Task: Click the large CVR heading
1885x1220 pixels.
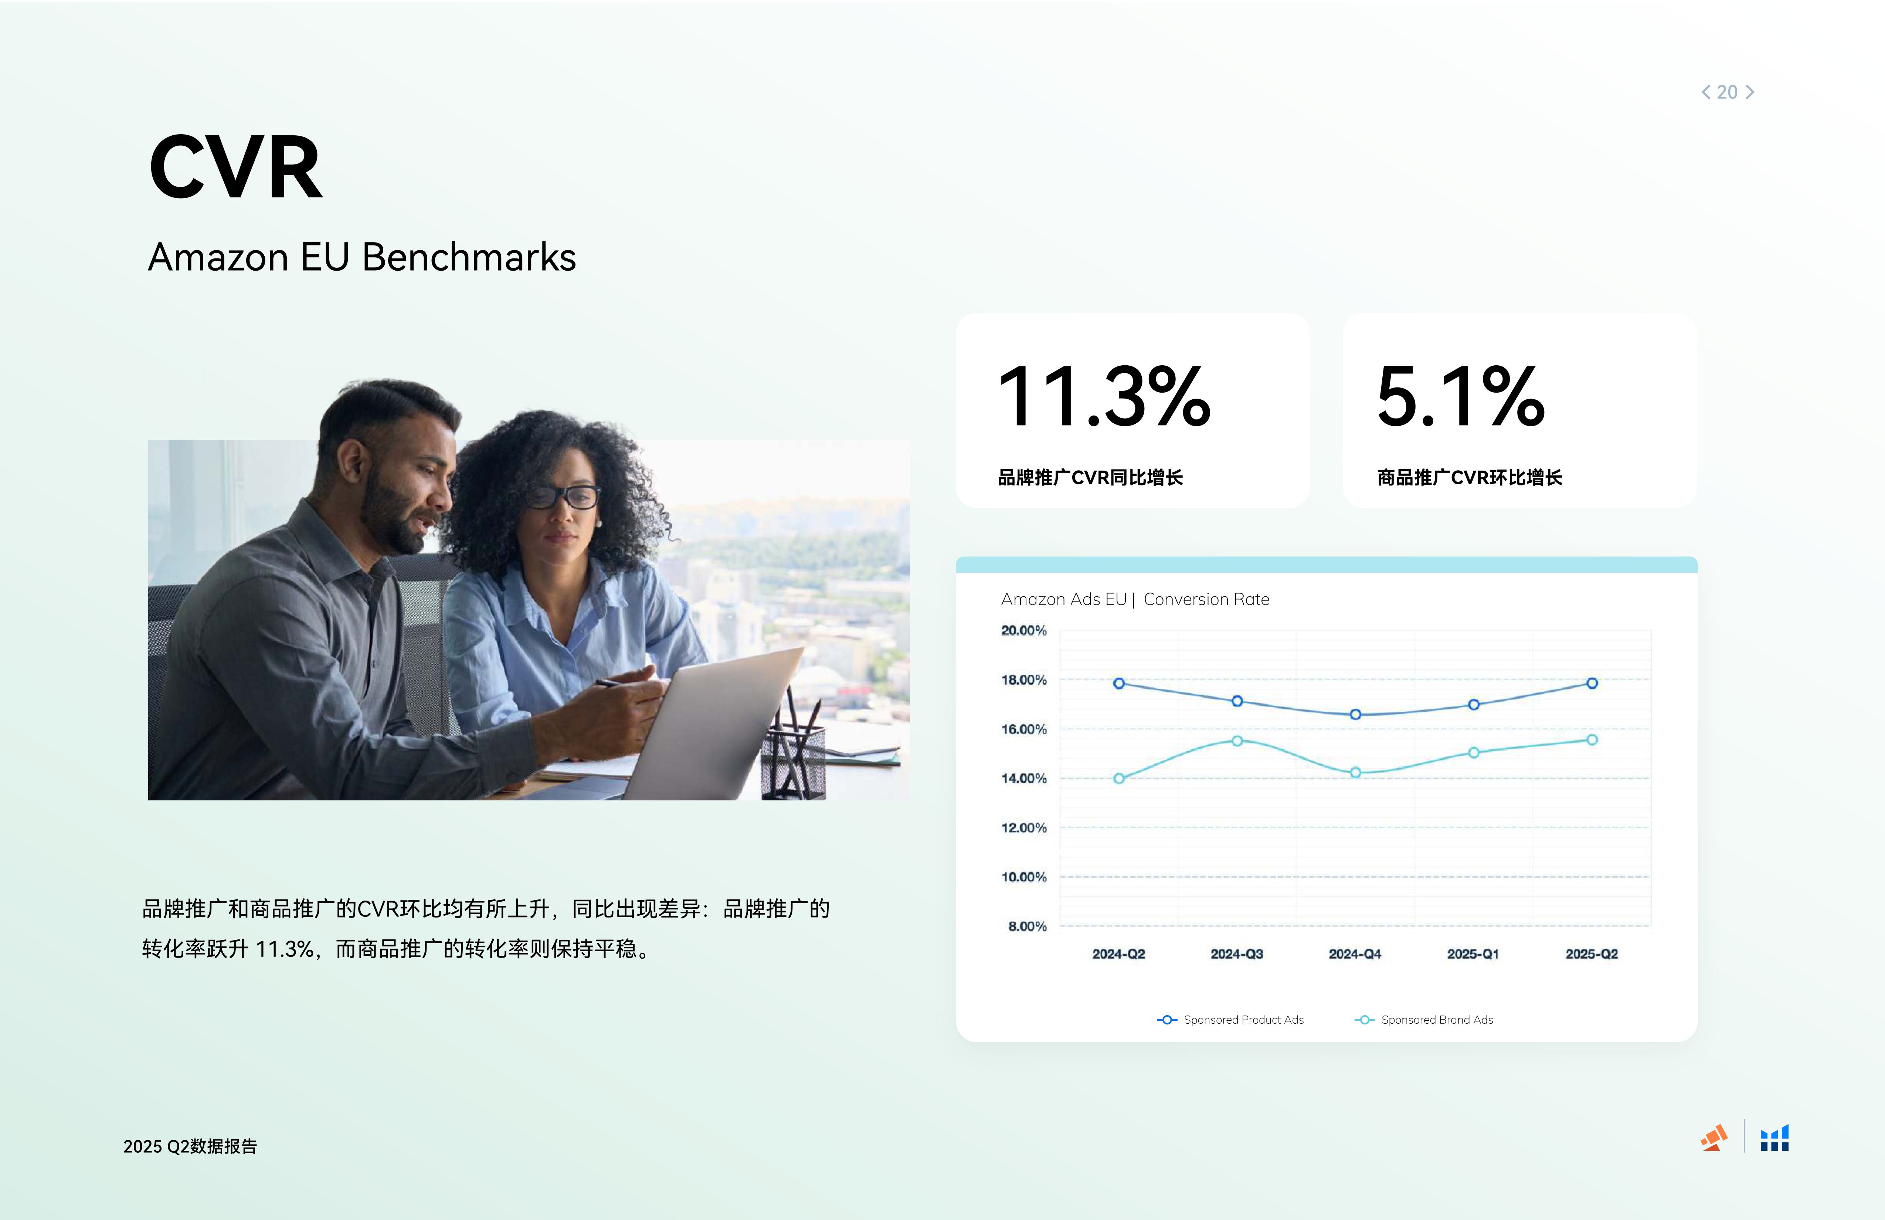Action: click(x=236, y=167)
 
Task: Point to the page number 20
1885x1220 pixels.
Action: click(x=1728, y=92)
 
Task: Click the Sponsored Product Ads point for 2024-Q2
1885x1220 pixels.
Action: click(x=1119, y=683)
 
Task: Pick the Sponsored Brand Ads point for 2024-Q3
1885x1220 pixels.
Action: click(x=1237, y=741)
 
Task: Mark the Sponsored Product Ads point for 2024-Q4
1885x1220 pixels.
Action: click(x=1355, y=715)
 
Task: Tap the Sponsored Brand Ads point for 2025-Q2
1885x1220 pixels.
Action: click(x=1592, y=740)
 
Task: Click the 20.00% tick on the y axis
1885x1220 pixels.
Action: click(x=1024, y=631)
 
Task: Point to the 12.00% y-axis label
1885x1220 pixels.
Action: click(x=1024, y=828)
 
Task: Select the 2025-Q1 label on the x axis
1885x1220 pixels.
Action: click(x=1473, y=954)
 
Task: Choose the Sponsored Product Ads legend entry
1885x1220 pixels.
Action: click(x=1230, y=1020)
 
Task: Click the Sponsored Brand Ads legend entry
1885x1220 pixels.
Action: click(x=1424, y=1020)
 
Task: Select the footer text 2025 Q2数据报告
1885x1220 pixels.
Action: click(x=190, y=1146)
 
